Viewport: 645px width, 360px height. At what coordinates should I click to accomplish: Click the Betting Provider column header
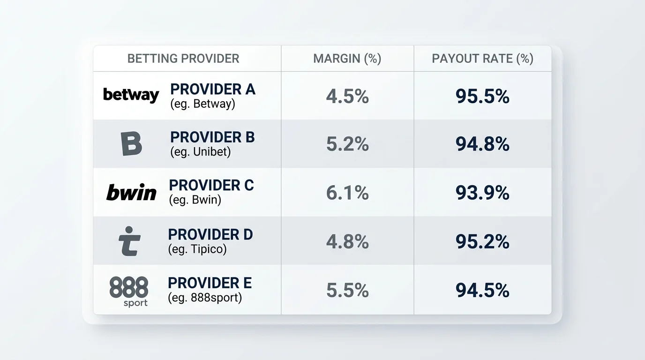(183, 59)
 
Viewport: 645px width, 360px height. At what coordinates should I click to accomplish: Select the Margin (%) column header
(347, 59)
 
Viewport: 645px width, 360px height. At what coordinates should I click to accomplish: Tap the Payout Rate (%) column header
(483, 59)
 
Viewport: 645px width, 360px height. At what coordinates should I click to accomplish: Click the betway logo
(131, 95)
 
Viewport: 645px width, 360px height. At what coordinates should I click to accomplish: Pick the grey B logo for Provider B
(131, 144)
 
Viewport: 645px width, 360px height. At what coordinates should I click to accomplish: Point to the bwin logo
(131, 192)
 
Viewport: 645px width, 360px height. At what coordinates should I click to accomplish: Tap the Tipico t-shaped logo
(129, 241)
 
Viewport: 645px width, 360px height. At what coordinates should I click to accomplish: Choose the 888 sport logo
(129, 291)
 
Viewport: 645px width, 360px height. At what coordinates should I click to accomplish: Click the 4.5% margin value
(347, 96)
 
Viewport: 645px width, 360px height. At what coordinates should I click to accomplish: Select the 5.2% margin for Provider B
(347, 144)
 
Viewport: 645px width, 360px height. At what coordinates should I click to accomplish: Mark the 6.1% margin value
(347, 193)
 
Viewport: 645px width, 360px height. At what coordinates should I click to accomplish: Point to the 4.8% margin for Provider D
(347, 241)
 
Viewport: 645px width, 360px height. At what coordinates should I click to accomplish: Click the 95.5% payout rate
(482, 96)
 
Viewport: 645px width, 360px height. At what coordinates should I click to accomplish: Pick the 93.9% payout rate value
(482, 193)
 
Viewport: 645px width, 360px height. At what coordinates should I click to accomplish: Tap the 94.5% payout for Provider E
(482, 290)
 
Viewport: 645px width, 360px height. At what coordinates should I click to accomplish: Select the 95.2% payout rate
(482, 241)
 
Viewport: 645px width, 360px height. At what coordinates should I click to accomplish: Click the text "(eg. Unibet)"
(201, 152)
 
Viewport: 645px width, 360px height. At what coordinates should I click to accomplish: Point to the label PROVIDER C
(211, 185)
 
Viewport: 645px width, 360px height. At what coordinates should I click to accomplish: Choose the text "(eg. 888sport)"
(205, 298)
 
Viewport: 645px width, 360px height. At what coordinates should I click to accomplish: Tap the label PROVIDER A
(213, 89)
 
